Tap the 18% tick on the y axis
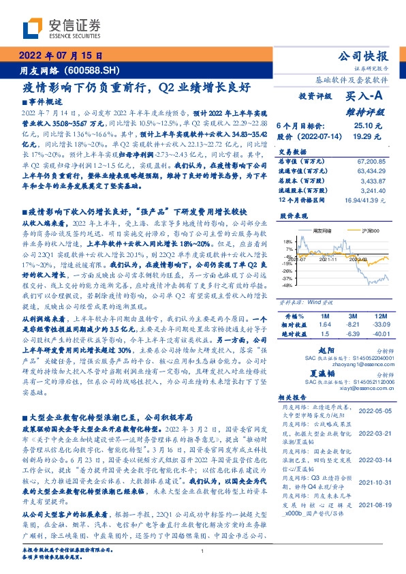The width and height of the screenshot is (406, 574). coord(288,241)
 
